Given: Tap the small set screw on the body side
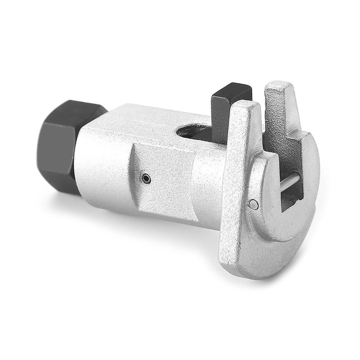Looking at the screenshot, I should click(146, 179).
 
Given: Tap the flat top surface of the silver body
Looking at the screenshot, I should click(148, 120).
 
